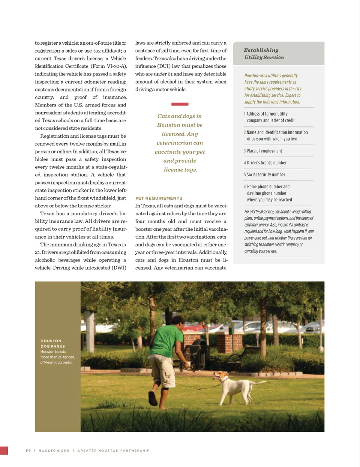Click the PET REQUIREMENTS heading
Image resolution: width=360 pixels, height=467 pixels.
click(x=159, y=198)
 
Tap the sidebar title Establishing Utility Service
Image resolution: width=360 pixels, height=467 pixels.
click(x=264, y=54)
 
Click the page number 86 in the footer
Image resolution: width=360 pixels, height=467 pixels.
click(x=28, y=450)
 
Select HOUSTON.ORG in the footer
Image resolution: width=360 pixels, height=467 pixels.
click(x=54, y=450)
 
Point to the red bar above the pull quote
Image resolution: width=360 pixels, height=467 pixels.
click(x=180, y=104)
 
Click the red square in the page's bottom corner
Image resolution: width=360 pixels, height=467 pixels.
click(x=4, y=450)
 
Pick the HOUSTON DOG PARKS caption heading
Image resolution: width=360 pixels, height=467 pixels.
click(x=52, y=344)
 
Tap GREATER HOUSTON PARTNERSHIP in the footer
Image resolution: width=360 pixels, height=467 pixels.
click(x=113, y=450)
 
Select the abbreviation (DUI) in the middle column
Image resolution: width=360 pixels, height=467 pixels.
click(x=163, y=66)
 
